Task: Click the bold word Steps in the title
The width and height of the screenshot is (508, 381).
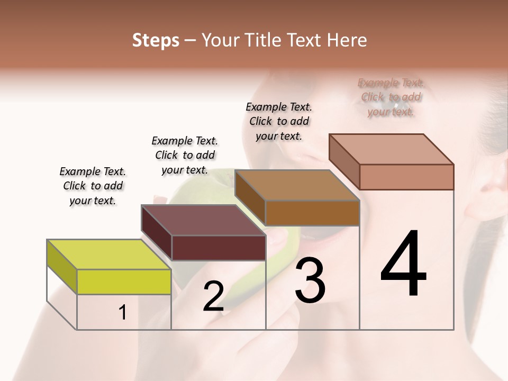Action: tap(156, 40)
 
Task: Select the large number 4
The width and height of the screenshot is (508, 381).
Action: tap(403, 265)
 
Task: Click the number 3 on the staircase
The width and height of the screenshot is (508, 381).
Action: tap(310, 281)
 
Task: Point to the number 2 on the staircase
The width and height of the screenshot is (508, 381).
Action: tap(213, 297)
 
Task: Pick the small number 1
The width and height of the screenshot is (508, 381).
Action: tap(123, 313)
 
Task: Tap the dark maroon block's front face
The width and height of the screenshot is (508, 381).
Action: tap(219, 248)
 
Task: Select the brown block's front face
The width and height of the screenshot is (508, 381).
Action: tap(312, 213)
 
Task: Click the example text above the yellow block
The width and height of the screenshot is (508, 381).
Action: tap(93, 186)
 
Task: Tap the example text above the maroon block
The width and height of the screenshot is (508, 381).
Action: tap(185, 155)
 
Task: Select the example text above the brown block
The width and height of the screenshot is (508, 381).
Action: tap(279, 121)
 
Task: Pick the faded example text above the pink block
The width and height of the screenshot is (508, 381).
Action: tap(391, 97)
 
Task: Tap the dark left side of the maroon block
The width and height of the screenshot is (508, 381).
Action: tap(157, 233)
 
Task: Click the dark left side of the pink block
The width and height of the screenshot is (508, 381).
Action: tap(344, 162)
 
